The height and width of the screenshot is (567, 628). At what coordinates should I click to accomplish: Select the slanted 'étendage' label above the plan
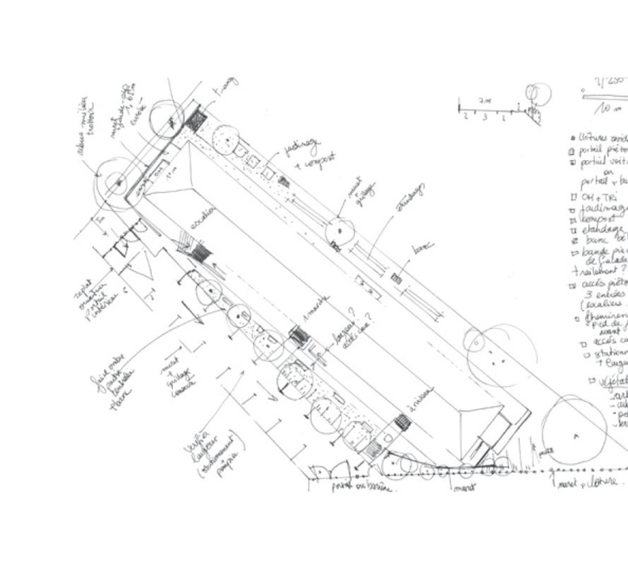(x=410, y=198)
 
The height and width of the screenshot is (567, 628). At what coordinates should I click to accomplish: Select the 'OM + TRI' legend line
(x=599, y=197)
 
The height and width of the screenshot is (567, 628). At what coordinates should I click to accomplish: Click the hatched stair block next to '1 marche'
(x=298, y=336)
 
